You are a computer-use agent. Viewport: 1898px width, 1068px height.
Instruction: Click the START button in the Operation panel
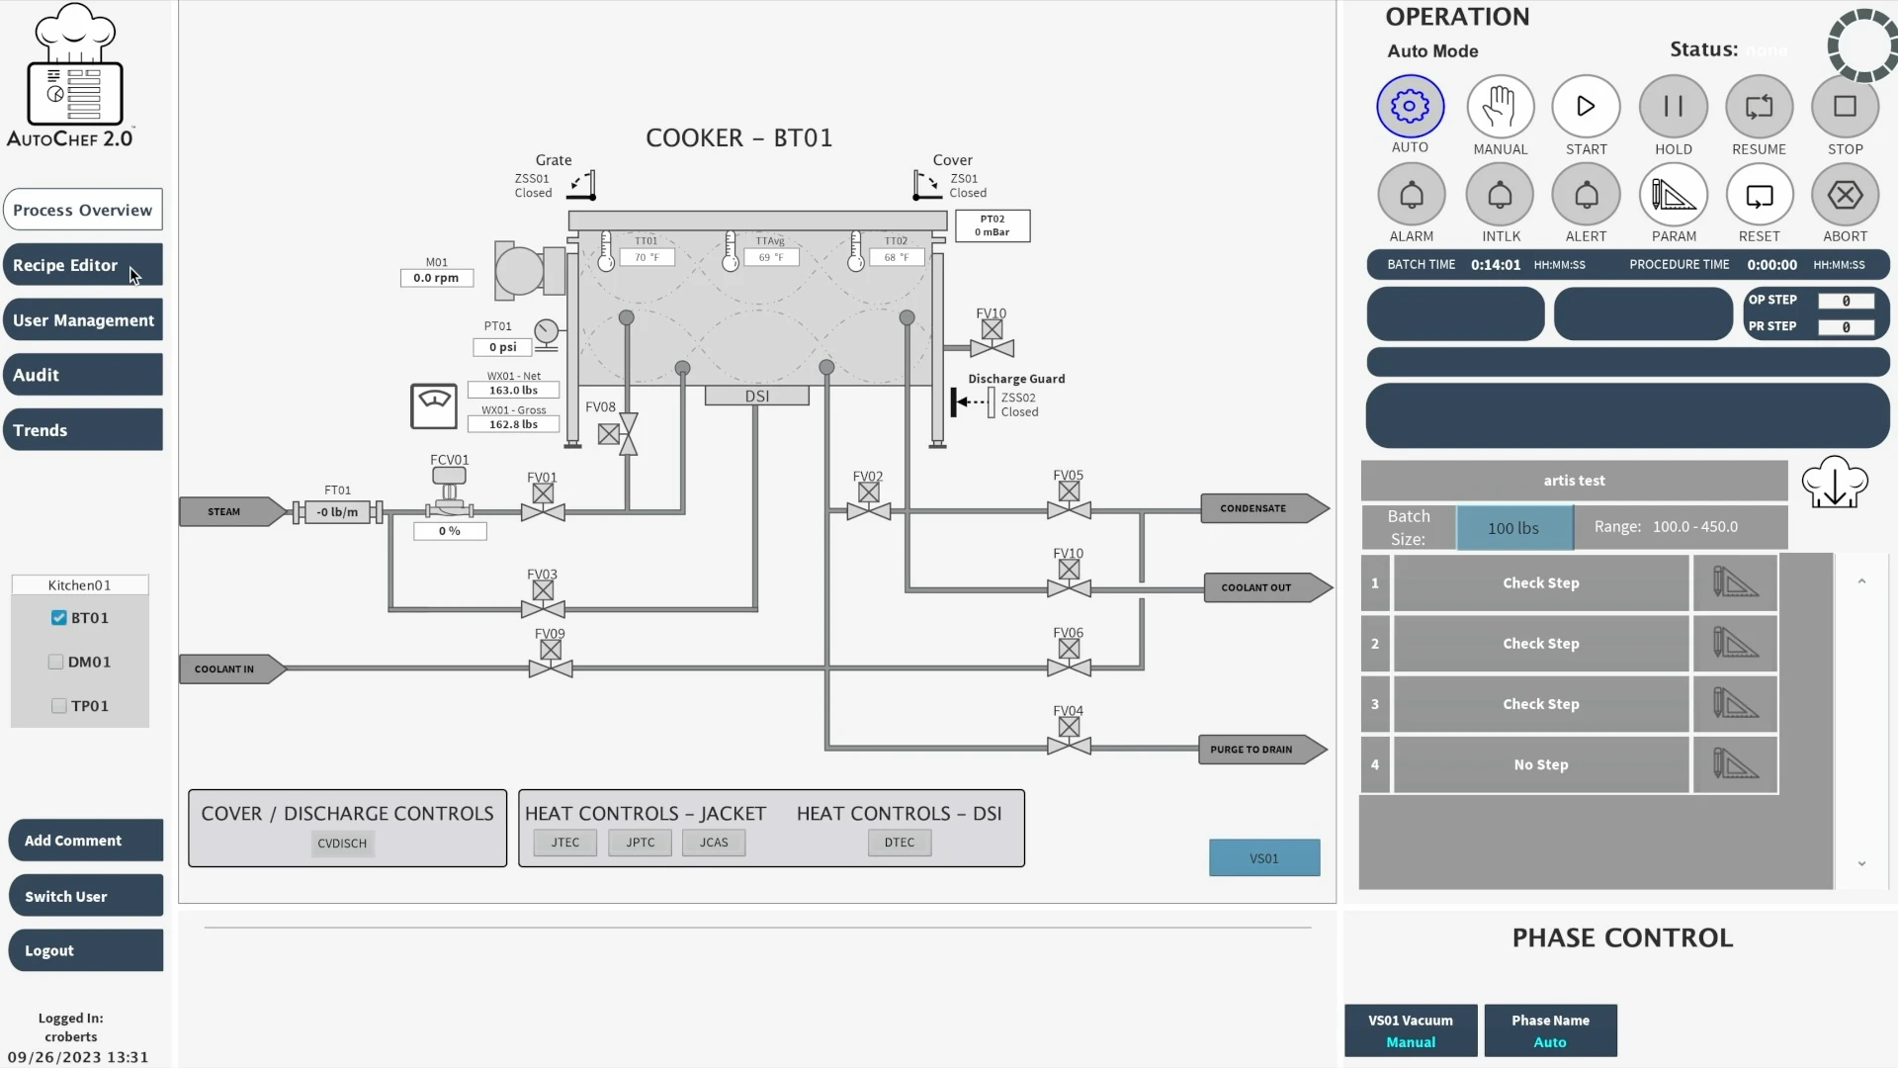pyautogui.click(x=1586, y=107)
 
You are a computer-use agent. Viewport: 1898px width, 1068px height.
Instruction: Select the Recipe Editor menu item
pyautogui.click(x=83, y=265)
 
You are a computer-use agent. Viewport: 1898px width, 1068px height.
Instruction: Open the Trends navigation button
pyautogui.click(x=83, y=430)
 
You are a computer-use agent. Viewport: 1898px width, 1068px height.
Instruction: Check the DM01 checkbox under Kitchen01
pyautogui.click(x=56, y=662)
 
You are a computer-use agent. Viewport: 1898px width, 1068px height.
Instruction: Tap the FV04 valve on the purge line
pyautogui.click(x=1069, y=737)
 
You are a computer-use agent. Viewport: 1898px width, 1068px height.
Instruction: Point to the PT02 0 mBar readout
pyautogui.click(x=992, y=225)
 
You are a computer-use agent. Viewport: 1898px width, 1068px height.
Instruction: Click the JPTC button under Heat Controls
pyautogui.click(x=641, y=843)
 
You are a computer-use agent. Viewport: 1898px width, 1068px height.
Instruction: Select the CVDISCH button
pyautogui.click(x=342, y=844)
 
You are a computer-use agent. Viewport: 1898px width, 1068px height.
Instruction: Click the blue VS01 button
pyautogui.click(x=1264, y=858)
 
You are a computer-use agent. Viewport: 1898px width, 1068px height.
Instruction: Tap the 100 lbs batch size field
pyautogui.click(x=1513, y=528)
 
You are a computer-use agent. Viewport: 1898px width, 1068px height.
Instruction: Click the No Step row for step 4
pyautogui.click(x=1540, y=764)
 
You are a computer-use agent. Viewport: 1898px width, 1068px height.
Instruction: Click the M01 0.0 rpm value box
pyautogui.click(x=436, y=278)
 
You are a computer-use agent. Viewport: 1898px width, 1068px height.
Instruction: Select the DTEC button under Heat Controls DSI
pyautogui.click(x=900, y=843)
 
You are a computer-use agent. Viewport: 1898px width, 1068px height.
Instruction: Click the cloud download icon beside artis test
pyautogui.click(x=1835, y=483)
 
